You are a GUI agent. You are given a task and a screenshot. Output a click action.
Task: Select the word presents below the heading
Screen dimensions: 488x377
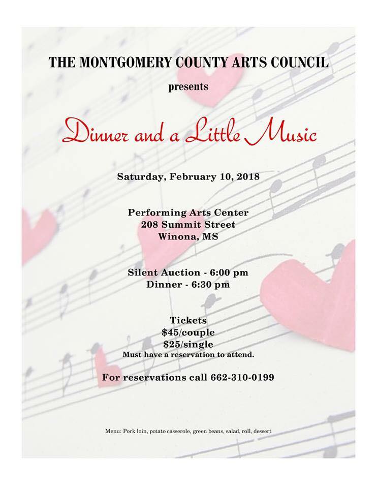pos(188,86)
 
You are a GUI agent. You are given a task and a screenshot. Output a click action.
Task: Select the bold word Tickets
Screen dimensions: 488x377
pos(188,320)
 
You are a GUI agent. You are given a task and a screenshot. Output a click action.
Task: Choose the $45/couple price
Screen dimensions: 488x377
pos(188,332)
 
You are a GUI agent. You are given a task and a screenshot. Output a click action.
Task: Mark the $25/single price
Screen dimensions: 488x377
pos(188,344)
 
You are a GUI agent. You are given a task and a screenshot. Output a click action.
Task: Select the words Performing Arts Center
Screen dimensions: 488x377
pos(188,211)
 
